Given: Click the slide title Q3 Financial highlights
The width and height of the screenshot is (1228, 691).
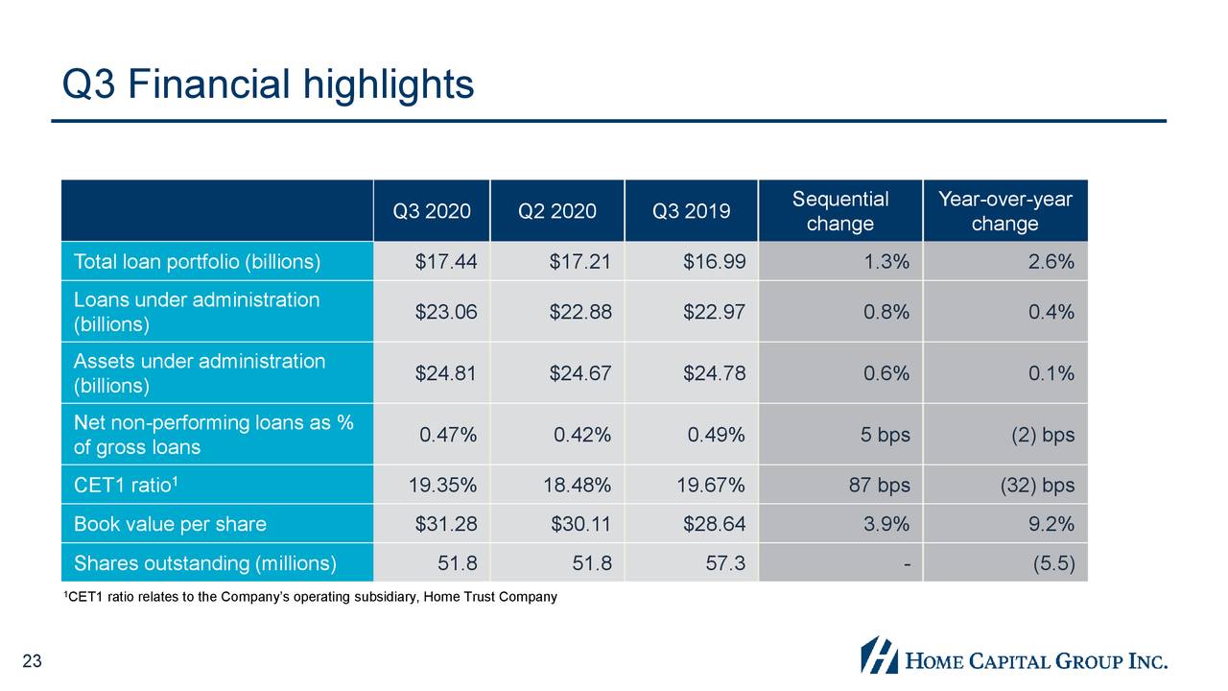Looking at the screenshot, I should tap(268, 84).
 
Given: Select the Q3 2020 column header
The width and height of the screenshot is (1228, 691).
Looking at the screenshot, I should tap(432, 211).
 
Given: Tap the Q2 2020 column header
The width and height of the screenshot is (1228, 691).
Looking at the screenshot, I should tap(556, 211).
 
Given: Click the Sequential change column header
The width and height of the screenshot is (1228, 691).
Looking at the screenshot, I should tap(839, 211).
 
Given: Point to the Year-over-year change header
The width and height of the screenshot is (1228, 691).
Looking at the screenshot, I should tap(1004, 211).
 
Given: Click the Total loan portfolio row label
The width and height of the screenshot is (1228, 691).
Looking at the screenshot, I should tap(197, 262).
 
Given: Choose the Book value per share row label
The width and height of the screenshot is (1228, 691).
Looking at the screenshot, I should tap(170, 525).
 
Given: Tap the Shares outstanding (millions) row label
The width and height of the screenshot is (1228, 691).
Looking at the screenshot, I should tap(204, 563).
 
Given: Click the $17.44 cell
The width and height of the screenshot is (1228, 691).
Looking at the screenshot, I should tap(445, 262).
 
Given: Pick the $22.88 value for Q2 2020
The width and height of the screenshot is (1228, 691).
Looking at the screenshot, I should tap(579, 312).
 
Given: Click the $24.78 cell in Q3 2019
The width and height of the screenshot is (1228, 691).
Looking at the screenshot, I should tap(714, 373).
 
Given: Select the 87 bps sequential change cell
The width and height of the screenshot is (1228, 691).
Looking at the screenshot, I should tap(879, 486).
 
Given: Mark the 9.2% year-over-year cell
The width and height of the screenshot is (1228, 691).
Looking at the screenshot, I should tap(1051, 525).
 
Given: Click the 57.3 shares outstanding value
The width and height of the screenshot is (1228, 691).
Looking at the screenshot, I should tap(725, 563).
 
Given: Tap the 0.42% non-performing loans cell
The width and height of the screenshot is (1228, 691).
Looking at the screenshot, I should tap(581, 435).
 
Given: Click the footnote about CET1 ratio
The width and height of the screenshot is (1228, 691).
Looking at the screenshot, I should tap(309, 598).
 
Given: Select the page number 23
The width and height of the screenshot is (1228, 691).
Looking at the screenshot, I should tap(33, 660).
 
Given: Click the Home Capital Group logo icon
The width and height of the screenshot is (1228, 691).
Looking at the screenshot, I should tap(878, 655).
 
